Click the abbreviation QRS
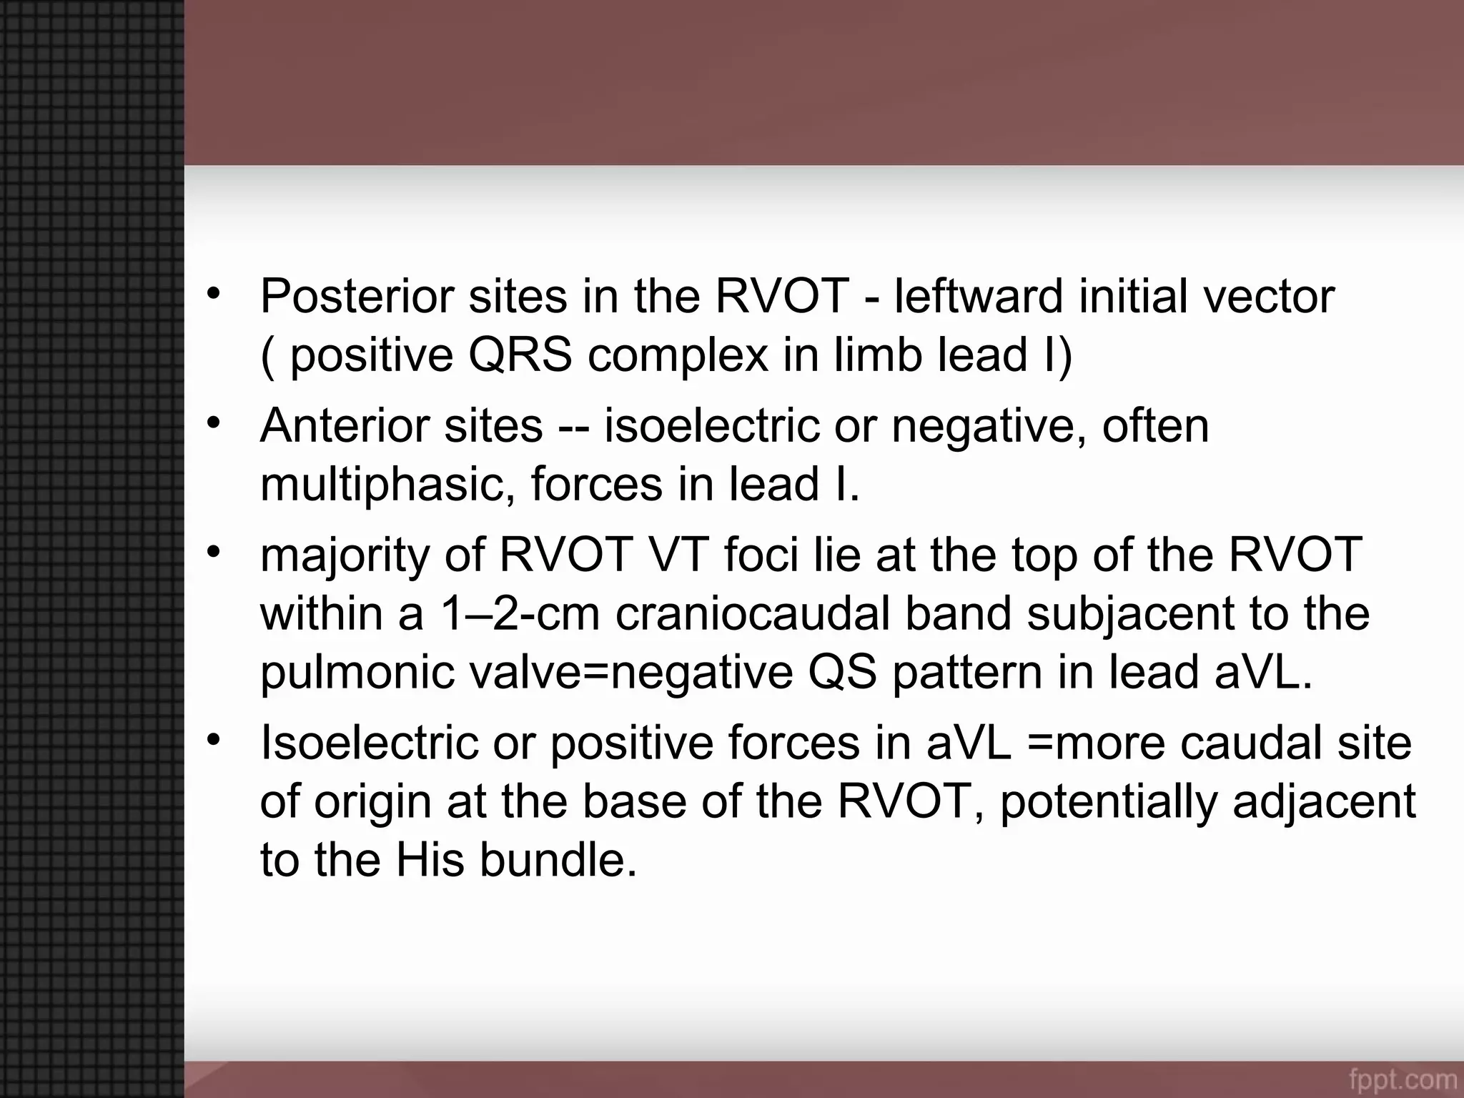[520, 355]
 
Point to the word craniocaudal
[753, 613]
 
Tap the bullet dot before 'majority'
[212, 552]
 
